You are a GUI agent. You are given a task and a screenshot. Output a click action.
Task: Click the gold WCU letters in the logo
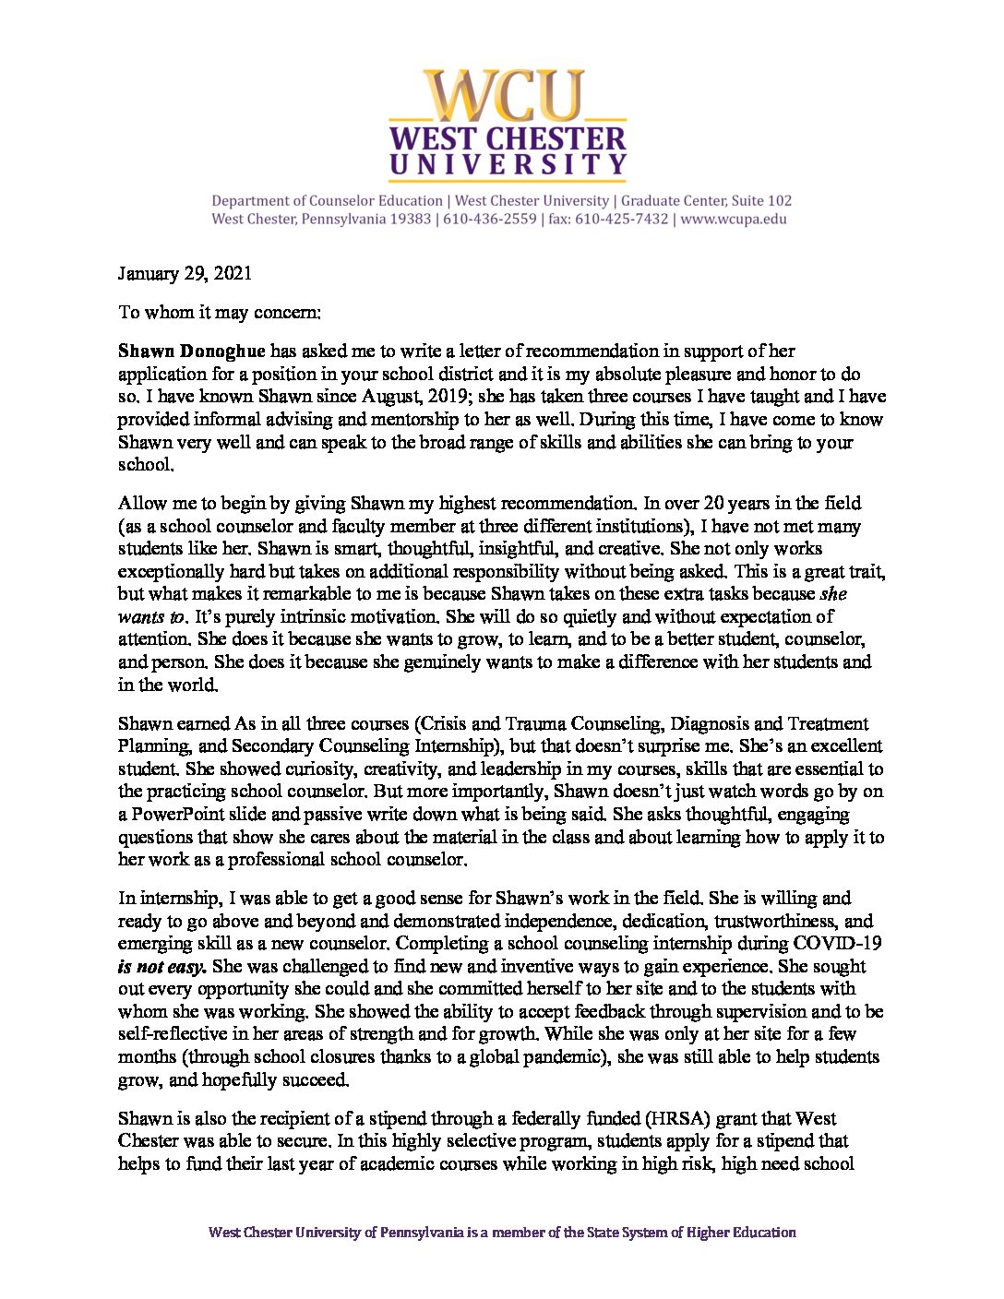[508, 96]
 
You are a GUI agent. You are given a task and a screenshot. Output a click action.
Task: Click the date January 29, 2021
[185, 273]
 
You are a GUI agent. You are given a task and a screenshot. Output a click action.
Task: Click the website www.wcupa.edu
[734, 220]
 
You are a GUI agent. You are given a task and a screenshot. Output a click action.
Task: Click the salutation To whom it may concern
[220, 312]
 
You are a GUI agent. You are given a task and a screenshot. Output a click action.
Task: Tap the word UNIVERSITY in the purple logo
[508, 166]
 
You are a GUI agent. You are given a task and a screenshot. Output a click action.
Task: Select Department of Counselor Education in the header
[327, 200]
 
